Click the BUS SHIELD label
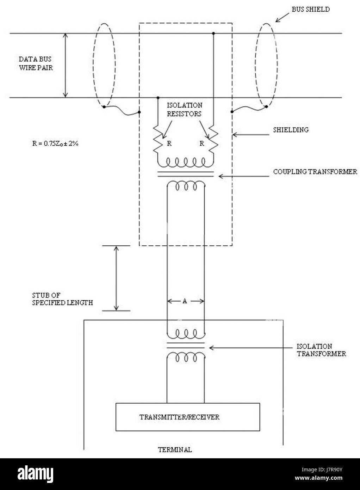(x=310, y=10)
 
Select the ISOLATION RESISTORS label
(x=184, y=110)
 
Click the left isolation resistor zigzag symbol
(x=158, y=139)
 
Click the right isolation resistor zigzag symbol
(x=213, y=139)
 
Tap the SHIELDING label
(x=291, y=130)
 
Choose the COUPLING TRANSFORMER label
(x=315, y=172)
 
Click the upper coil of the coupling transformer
(x=186, y=163)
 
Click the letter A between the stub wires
(x=185, y=301)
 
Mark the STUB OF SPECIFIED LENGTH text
(x=62, y=299)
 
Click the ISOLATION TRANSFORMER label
(x=321, y=350)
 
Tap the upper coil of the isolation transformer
(x=185, y=333)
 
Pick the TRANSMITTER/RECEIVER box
(x=188, y=417)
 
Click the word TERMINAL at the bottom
(x=175, y=450)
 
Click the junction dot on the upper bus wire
(x=213, y=33)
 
